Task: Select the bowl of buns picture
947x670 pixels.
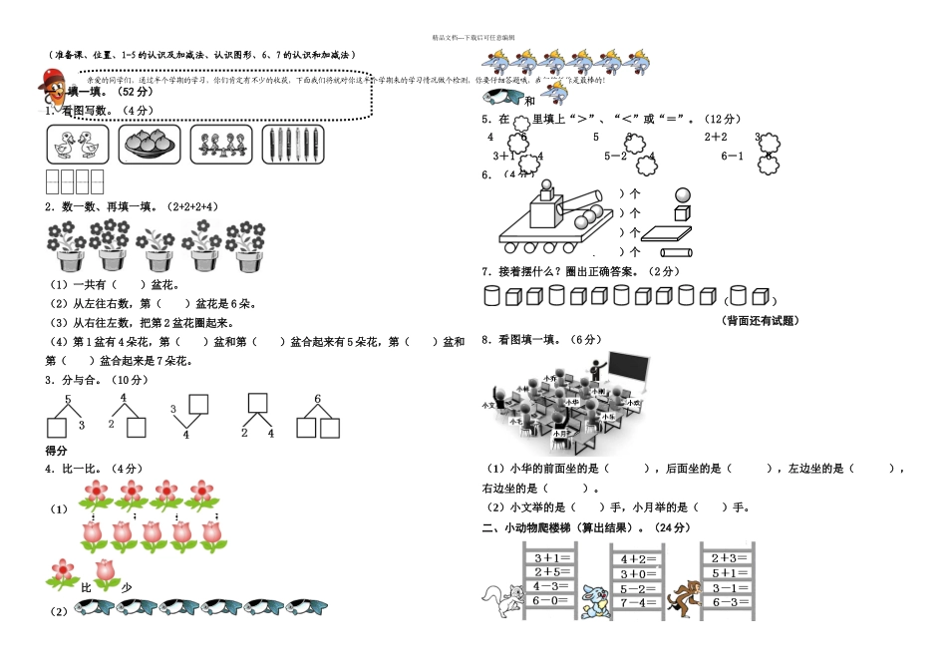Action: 149,145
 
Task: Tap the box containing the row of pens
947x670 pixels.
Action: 293,145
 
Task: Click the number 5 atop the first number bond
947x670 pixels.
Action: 68,400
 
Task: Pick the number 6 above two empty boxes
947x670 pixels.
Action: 317,399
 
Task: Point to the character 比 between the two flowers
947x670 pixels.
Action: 85,588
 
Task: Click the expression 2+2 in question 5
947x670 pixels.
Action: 716,137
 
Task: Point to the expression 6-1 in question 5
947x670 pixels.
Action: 732,156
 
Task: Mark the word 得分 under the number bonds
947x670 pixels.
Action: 57,451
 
